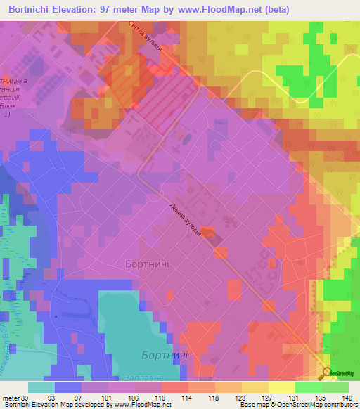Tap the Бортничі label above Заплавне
(163, 356)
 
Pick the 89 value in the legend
(27, 397)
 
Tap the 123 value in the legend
(238, 397)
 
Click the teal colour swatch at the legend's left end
(41, 387)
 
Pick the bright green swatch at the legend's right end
(335, 387)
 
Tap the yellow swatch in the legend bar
(281, 387)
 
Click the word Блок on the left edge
(10, 108)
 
